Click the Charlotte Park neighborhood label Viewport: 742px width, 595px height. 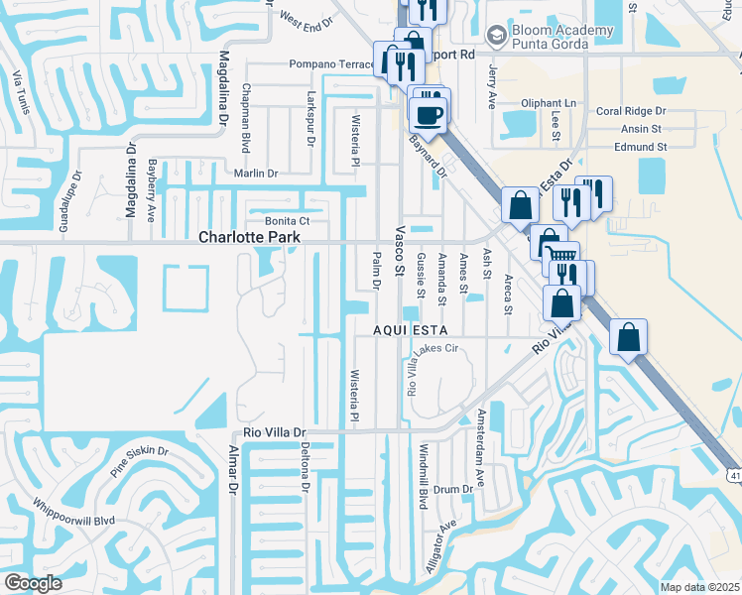249,238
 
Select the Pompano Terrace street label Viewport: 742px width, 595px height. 330,64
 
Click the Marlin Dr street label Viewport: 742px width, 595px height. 255,174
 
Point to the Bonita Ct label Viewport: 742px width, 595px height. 288,220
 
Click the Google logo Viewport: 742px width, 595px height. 33,583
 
